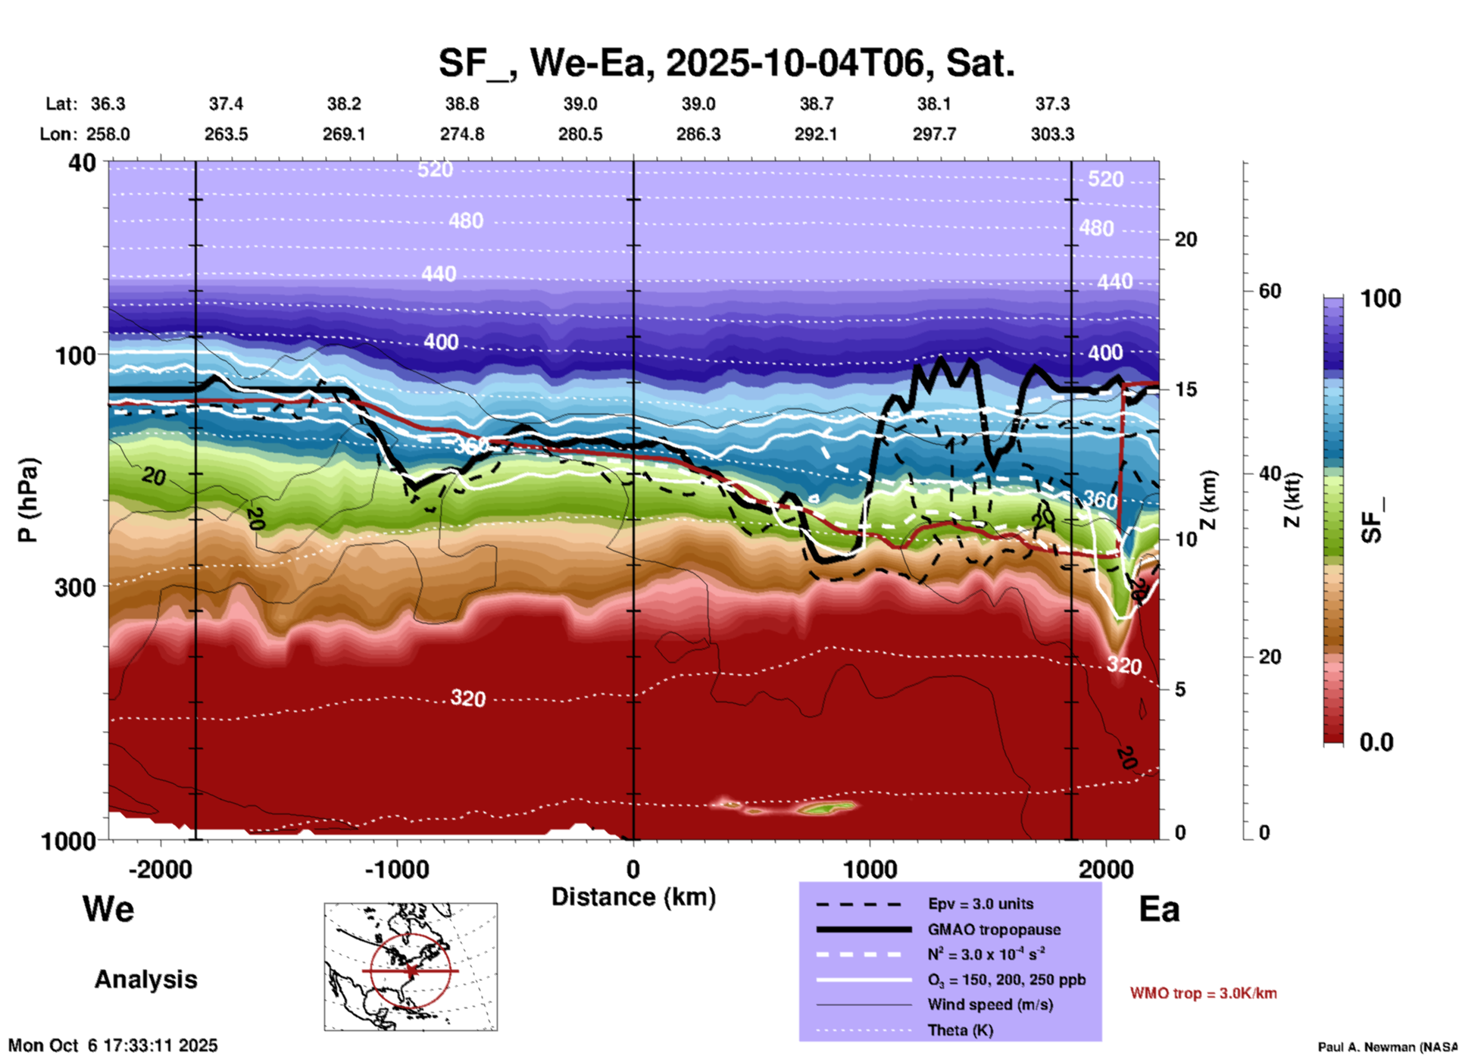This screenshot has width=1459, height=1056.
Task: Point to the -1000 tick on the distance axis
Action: tap(397, 869)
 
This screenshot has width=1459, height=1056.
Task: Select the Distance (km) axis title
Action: tap(633, 897)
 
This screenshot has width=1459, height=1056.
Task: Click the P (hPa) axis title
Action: tap(28, 500)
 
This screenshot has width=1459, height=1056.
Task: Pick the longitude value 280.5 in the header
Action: tap(580, 134)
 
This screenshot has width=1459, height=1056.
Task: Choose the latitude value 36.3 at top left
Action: tap(108, 104)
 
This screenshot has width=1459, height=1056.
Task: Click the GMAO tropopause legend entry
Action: tap(994, 929)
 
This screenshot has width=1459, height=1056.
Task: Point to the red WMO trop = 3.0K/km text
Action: tap(1203, 993)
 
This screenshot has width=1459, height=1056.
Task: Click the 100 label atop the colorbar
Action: tap(1380, 298)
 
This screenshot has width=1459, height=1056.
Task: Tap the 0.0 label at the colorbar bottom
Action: tap(1376, 742)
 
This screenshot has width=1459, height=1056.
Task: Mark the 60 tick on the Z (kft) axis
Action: tap(1270, 291)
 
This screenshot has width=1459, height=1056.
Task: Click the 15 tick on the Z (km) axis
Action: tap(1186, 389)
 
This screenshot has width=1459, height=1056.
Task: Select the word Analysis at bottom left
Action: tap(145, 979)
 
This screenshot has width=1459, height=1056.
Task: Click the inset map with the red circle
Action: tap(411, 967)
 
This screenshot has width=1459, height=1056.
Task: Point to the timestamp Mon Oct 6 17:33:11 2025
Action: tap(113, 1045)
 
